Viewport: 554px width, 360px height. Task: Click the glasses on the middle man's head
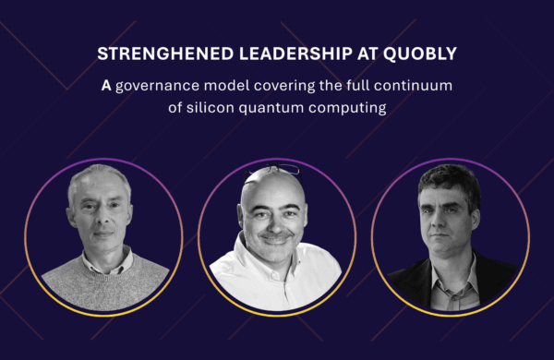(x=276, y=169)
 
